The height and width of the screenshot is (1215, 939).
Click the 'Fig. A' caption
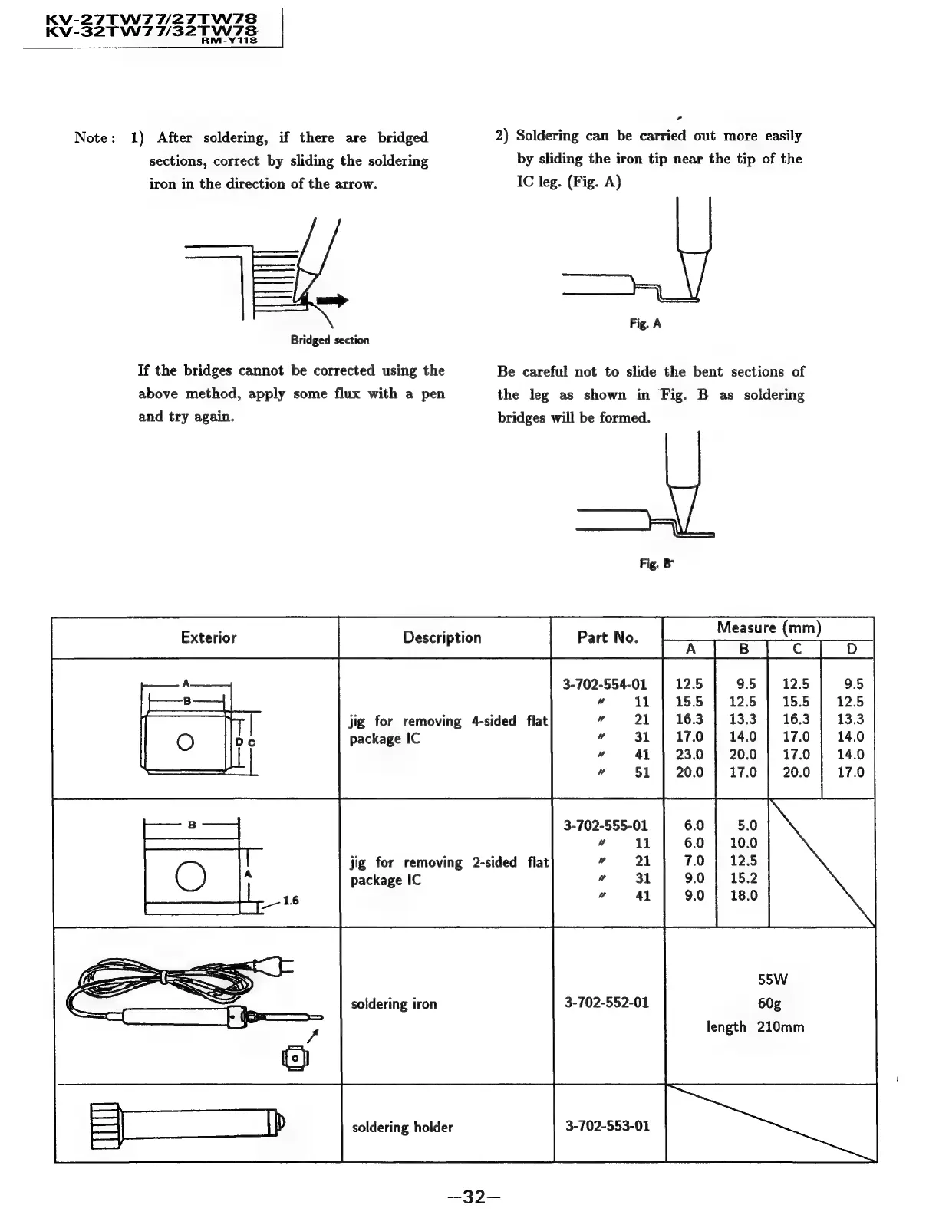pos(645,324)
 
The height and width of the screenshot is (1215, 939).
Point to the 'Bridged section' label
pos(329,340)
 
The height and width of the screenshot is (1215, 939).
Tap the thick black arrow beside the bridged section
pos(332,300)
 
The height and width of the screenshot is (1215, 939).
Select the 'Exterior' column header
pos(209,637)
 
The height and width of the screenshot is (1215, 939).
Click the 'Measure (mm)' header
pos(769,627)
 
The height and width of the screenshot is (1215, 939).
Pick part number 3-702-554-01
pos(605,683)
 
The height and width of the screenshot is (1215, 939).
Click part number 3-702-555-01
pos(605,825)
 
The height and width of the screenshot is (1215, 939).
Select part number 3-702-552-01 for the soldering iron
pos(606,1003)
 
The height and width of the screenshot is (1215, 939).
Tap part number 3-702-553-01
pos(607,1126)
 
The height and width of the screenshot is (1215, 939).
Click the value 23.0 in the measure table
pos(689,755)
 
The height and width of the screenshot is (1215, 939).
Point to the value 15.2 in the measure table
pos(743,878)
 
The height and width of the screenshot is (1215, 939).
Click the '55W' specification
pos(772,980)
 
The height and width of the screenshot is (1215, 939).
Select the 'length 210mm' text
pos(755,1026)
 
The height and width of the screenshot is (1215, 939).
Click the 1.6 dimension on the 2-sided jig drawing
pos(290,901)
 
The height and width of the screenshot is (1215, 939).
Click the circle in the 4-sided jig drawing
pos(185,742)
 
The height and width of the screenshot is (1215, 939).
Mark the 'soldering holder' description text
pos(402,1127)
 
